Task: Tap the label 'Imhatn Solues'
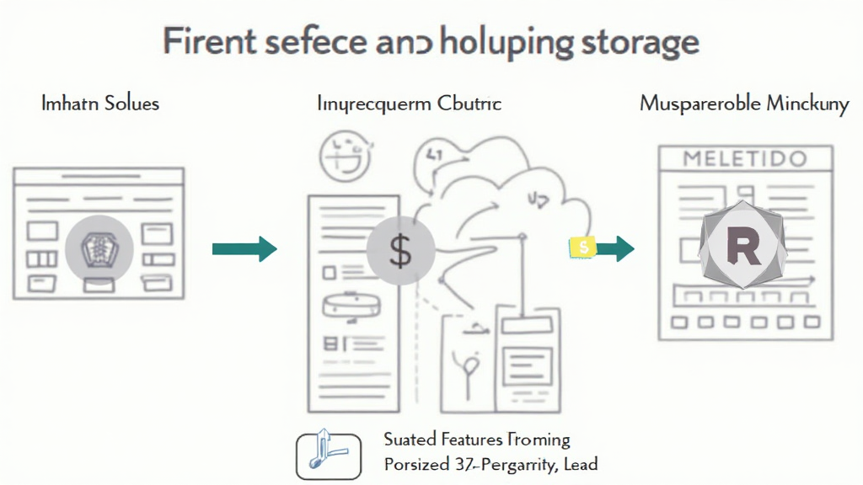tap(100, 104)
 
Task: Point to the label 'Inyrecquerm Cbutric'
tap(410, 104)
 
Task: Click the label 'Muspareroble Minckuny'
tap(745, 104)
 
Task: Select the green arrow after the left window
tap(244, 248)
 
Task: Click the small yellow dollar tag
tap(582, 247)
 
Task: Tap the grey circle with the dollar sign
tap(401, 250)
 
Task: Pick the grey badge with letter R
tap(742, 243)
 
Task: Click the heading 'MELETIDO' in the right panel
tap(744, 158)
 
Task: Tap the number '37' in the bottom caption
tap(461, 464)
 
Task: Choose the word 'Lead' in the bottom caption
tap(581, 464)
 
